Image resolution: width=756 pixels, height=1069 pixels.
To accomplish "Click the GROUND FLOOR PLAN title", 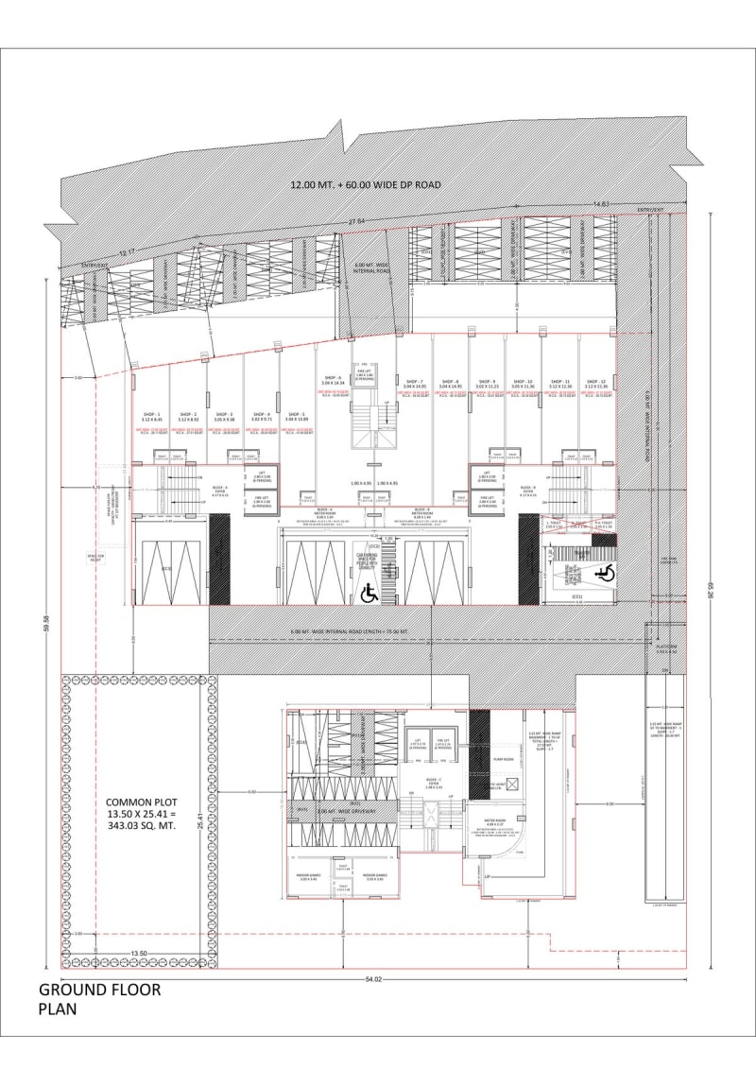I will click(99, 999).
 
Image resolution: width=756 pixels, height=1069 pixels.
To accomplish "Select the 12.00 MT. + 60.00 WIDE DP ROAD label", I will click(366, 186).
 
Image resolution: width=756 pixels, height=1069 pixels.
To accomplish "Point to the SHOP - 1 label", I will click(153, 415).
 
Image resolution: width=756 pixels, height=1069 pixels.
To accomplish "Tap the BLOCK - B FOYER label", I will click(528, 491).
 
